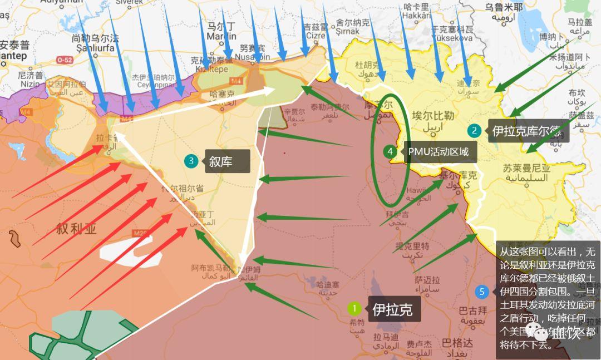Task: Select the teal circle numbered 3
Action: (x=191, y=161)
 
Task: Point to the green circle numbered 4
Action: (x=390, y=151)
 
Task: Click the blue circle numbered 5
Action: (x=482, y=291)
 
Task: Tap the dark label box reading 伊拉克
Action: (x=392, y=309)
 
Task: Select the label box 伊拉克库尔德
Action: (x=525, y=131)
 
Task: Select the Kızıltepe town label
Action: (x=211, y=70)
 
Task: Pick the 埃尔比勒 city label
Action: (x=433, y=116)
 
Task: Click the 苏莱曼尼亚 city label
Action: (x=526, y=167)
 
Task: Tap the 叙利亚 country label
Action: (x=76, y=229)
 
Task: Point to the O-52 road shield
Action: (x=65, y=59)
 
